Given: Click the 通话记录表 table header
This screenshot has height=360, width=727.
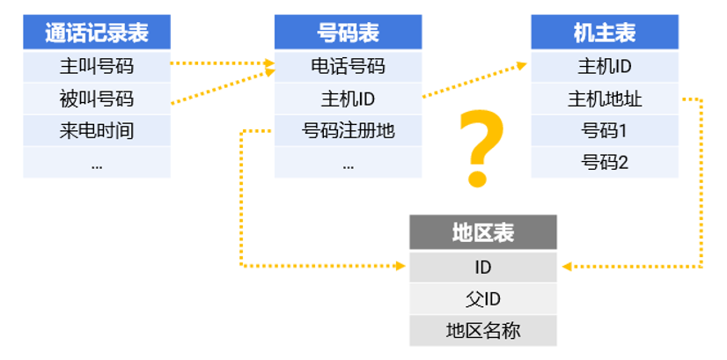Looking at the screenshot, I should [97, 33].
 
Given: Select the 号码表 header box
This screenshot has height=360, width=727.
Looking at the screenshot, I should [348, 33].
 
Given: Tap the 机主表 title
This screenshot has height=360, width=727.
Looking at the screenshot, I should [605, 33].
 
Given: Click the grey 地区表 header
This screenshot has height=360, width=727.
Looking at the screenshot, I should [483, 232].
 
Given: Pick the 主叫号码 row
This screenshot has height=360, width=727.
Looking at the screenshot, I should [97, 65].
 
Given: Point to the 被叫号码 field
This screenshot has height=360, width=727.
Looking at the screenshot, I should [97, 98].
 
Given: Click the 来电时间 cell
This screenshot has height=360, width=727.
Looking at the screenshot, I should [97, 131].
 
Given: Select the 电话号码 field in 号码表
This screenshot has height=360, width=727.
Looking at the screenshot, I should [348, 65].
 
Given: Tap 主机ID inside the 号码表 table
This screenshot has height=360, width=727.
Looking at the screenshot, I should [348, 98].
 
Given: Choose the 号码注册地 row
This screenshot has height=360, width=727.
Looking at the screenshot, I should [348, 131].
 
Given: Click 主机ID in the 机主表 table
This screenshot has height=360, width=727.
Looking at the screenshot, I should [605, 65].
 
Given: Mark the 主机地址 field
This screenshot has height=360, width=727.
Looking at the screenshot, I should [605, 98].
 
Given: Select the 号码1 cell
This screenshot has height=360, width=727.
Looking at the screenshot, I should [605, 131].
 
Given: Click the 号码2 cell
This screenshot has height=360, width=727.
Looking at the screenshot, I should [605, 162].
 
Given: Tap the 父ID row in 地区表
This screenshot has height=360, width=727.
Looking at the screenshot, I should [483, 298].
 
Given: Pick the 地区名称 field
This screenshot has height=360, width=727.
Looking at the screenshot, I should [483, 330].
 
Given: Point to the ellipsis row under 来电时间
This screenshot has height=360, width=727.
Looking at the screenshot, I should [97, 164].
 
